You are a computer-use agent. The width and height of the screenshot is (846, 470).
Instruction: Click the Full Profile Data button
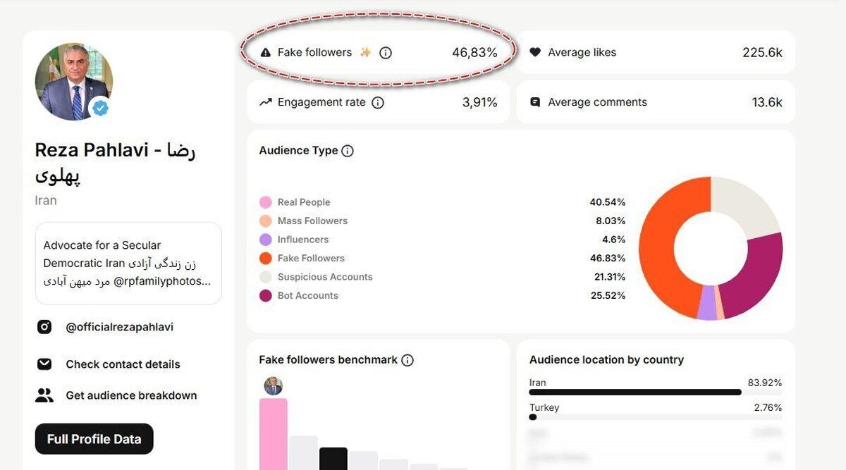(94, 439)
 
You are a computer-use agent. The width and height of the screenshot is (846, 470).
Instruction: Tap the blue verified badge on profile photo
(102, 108)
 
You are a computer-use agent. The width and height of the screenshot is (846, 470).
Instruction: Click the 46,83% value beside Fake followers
(474, 52)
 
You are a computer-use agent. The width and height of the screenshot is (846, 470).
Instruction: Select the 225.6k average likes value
(762, 52)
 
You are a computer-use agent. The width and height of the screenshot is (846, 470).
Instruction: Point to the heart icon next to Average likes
(535, 52)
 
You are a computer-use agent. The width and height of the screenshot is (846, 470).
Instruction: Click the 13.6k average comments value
(767, 102)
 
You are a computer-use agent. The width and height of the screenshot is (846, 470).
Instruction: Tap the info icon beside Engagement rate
(378, 103)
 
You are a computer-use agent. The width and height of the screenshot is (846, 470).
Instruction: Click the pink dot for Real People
(265, 202)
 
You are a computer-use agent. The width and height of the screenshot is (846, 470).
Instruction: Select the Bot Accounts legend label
(307, 296)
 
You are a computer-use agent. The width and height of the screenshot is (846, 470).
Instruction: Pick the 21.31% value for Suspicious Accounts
(608, 277)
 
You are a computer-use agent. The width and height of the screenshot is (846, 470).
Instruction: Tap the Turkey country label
(544, 407)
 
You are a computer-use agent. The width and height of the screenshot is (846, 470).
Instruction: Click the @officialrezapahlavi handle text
(119, 327)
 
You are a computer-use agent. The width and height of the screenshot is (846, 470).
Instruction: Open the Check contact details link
(123, 364)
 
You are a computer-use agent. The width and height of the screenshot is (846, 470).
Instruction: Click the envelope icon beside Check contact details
(44, 364)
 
